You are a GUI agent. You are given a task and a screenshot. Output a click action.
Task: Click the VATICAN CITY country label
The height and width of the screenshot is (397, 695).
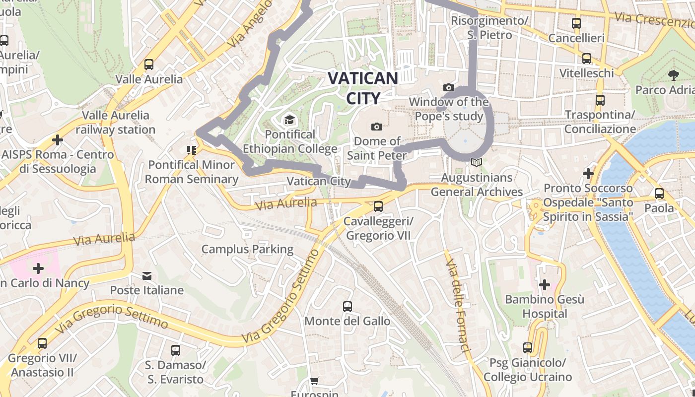(x=363, y=88)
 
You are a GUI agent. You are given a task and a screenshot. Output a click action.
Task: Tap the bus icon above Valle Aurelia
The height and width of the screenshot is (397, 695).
(x=148, y=65)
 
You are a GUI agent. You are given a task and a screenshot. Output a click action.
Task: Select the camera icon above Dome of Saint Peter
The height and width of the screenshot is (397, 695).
(x=377, y=127)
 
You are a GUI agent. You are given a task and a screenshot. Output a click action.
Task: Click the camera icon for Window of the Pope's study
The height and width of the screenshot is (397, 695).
(x=449, y=88)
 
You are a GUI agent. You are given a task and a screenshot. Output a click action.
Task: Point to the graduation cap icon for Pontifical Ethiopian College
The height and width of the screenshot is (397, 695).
(x=289, y=120)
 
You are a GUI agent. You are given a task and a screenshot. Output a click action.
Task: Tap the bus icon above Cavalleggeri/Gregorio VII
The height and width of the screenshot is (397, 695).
(x=378, y=206)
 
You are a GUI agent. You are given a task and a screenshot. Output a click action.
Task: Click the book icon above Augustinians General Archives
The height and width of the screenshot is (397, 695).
(x=477, y=162)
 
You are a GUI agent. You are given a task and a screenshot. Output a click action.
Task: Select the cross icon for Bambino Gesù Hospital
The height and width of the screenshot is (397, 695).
(x=545, y=285)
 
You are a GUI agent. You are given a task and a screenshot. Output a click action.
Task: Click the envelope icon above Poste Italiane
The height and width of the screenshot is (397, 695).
(x=147, y=275)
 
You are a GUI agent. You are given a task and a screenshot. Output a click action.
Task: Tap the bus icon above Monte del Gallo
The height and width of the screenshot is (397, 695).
(x=347, y=307)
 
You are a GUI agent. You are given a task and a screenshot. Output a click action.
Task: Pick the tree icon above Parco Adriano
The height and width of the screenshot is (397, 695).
(x=674, y=75)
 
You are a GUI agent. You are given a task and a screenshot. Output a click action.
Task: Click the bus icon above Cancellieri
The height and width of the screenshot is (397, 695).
(x=576, y=23)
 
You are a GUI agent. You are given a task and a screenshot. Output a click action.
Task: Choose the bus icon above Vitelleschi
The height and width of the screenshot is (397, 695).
(x=587, y=59)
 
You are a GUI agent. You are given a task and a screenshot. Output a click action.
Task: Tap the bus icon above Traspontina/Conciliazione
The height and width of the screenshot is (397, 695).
(x=600, y=100)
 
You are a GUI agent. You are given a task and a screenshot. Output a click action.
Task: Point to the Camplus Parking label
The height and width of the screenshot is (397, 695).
(x=247, y=249)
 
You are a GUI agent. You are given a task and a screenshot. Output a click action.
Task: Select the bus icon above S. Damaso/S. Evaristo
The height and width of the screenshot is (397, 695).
(x=175, y=350)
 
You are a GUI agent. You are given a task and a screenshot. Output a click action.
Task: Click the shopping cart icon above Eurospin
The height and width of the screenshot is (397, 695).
(x=314, y=381)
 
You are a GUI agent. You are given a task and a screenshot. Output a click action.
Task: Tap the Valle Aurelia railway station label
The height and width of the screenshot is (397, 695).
(x=116, y=123)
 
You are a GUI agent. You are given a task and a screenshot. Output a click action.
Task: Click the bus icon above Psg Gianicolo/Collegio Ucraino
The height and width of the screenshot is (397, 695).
(x=528, y=348)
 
